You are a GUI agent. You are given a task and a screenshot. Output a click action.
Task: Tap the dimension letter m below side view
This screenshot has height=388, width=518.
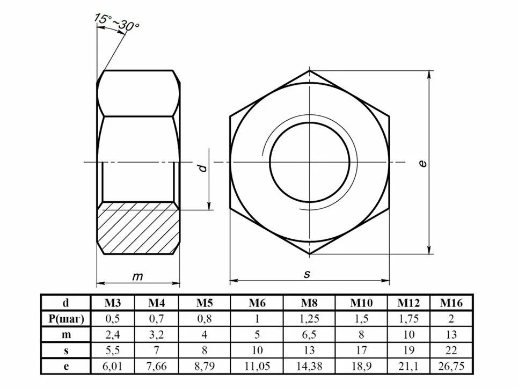(x=138, y=276)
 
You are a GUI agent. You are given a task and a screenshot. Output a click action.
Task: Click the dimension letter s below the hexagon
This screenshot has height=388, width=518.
(x=307, y=274)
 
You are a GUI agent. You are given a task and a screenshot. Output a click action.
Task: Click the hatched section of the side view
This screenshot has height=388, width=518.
(x=138, y=228)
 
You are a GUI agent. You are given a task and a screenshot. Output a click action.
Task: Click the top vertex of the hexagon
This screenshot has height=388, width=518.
(x=310, y=70)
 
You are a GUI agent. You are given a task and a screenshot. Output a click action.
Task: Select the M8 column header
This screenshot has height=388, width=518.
(x=309, y=303)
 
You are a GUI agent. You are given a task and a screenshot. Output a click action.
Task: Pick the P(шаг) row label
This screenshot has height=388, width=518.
(x=66, y=318)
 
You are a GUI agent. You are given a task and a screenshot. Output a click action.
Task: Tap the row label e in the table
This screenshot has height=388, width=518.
(x=66, y=367)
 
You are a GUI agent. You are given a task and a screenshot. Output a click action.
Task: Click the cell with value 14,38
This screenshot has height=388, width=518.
(x=309, y=367)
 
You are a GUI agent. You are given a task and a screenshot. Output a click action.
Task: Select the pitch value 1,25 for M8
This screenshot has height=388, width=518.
(x=309, y=318)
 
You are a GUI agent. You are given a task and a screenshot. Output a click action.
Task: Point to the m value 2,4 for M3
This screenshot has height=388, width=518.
(x=112, y=334)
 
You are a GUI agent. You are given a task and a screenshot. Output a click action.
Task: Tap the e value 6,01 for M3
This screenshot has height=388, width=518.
(x=112, y=367)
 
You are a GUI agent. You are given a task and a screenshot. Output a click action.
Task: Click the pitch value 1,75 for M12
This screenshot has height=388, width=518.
(x=408, y=318)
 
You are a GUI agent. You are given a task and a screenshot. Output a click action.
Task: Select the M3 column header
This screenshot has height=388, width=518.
(x=112, y=303)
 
